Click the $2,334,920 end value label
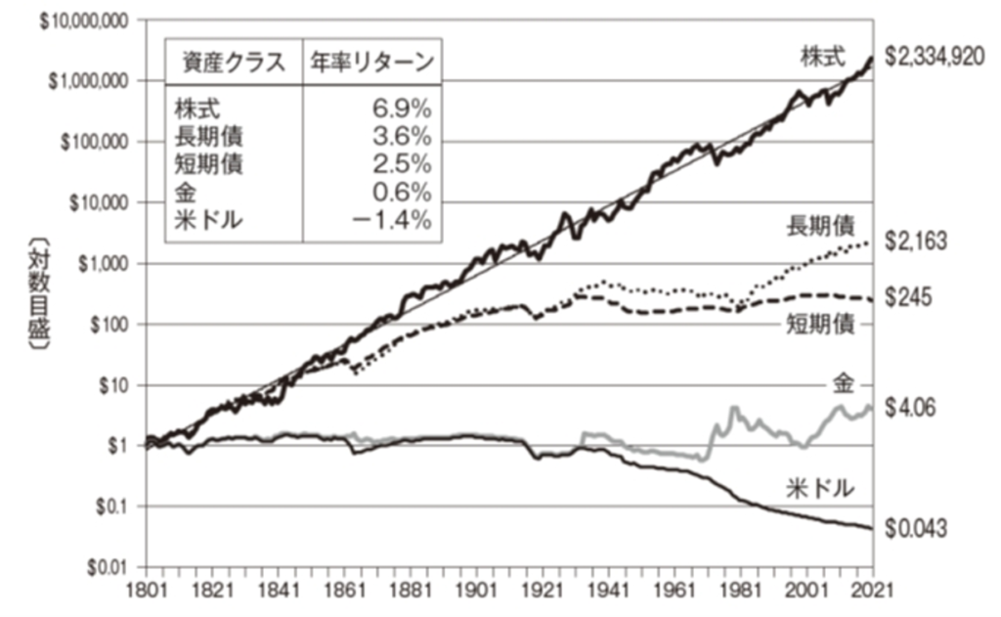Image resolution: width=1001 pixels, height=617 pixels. pos(934,58)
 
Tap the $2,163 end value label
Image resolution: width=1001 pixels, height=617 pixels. pos(915,242)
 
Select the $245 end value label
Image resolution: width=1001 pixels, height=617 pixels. pos(908,297)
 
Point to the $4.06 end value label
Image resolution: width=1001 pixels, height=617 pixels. pos(910,408)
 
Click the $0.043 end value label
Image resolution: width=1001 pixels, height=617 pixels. pos(915,528)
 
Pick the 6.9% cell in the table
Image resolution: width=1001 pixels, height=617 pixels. pos(402,110)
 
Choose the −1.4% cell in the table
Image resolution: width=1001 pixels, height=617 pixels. pos(392,220)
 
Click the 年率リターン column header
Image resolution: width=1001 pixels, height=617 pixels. pos(372,62)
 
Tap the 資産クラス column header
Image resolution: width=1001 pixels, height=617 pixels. pos(234,62)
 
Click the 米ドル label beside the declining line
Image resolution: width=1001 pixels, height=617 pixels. pos(820,489)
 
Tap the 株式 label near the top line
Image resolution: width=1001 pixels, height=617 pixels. pos(823,58)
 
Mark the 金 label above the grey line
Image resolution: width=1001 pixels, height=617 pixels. pos(844,384)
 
